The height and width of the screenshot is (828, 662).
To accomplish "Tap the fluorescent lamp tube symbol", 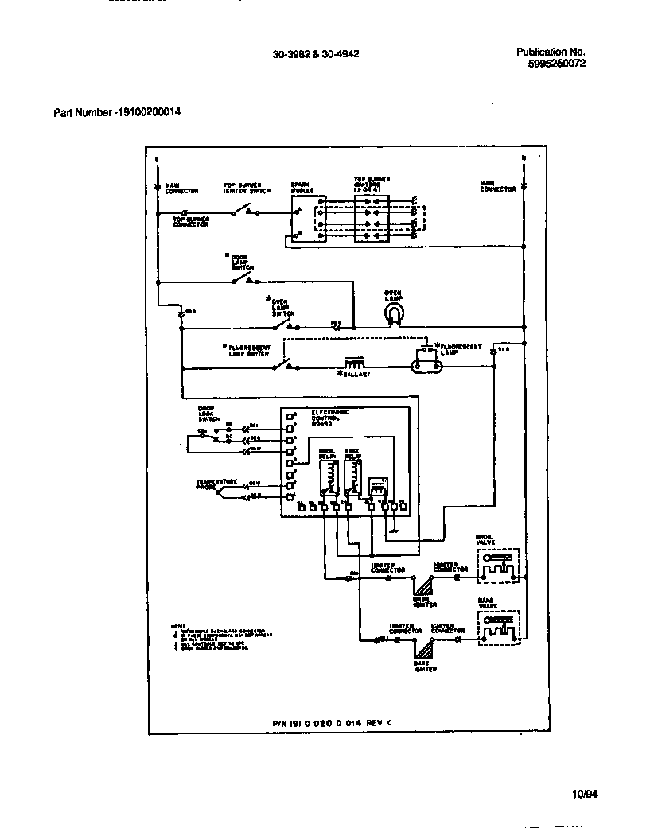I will click(426, 367).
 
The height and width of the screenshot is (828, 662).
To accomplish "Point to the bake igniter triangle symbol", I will click(422, 647).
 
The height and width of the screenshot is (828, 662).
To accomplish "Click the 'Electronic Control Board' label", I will click(310, 418).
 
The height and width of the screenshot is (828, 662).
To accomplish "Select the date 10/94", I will click(583, 794).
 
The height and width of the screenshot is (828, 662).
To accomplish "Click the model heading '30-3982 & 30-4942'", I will click(315, 55).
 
